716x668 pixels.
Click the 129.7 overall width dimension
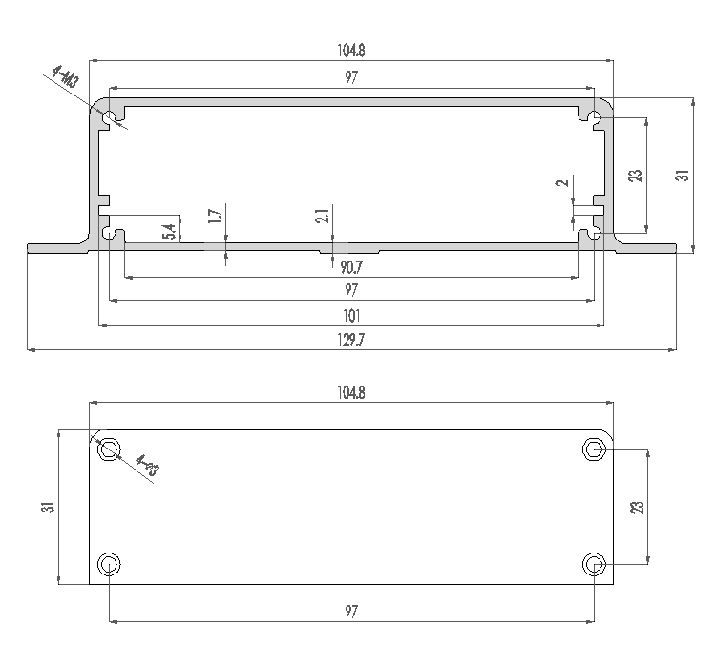coord(351,341)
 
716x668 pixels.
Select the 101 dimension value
coord(351,315)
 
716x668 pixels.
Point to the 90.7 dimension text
coord(350,266)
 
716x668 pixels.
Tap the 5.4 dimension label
coord(169,231)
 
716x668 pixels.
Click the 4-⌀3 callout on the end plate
coord(148,468)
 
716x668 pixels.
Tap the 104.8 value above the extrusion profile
coord(351,51)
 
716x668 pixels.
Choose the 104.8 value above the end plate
coord(351,392)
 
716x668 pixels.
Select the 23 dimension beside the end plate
coord(639,507)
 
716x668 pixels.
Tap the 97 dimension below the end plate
coord(351,612)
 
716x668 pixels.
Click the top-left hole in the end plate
coord(111,449)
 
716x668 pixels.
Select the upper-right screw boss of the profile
coord(594,118)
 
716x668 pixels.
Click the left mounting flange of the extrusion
coord(57,248)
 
